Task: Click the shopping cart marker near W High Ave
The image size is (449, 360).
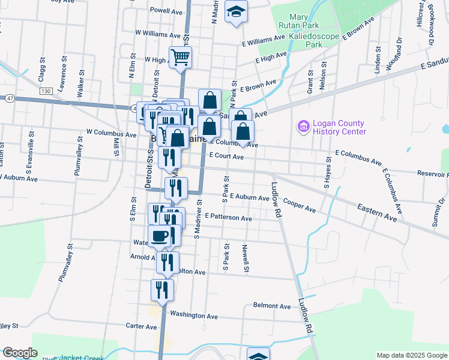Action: (180, 58)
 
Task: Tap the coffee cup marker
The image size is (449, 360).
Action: (160, 236)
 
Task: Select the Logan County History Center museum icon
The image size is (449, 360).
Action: (303, 127)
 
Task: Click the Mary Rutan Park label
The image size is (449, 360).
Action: (298, 22)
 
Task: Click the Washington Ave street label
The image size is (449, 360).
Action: (193, 315)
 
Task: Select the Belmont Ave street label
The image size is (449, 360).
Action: (272, 305)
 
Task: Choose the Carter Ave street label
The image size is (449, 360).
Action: (142, 326)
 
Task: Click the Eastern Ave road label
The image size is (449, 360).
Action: (377, 213)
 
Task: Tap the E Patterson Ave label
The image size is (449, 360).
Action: (228, 218)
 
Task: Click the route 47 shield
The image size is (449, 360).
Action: (10, 97)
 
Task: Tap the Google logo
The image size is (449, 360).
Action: (20, 353)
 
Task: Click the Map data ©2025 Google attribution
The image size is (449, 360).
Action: (411, 355)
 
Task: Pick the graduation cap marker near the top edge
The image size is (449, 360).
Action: (236, 11)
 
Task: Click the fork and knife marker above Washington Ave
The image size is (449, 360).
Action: (162, 290)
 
